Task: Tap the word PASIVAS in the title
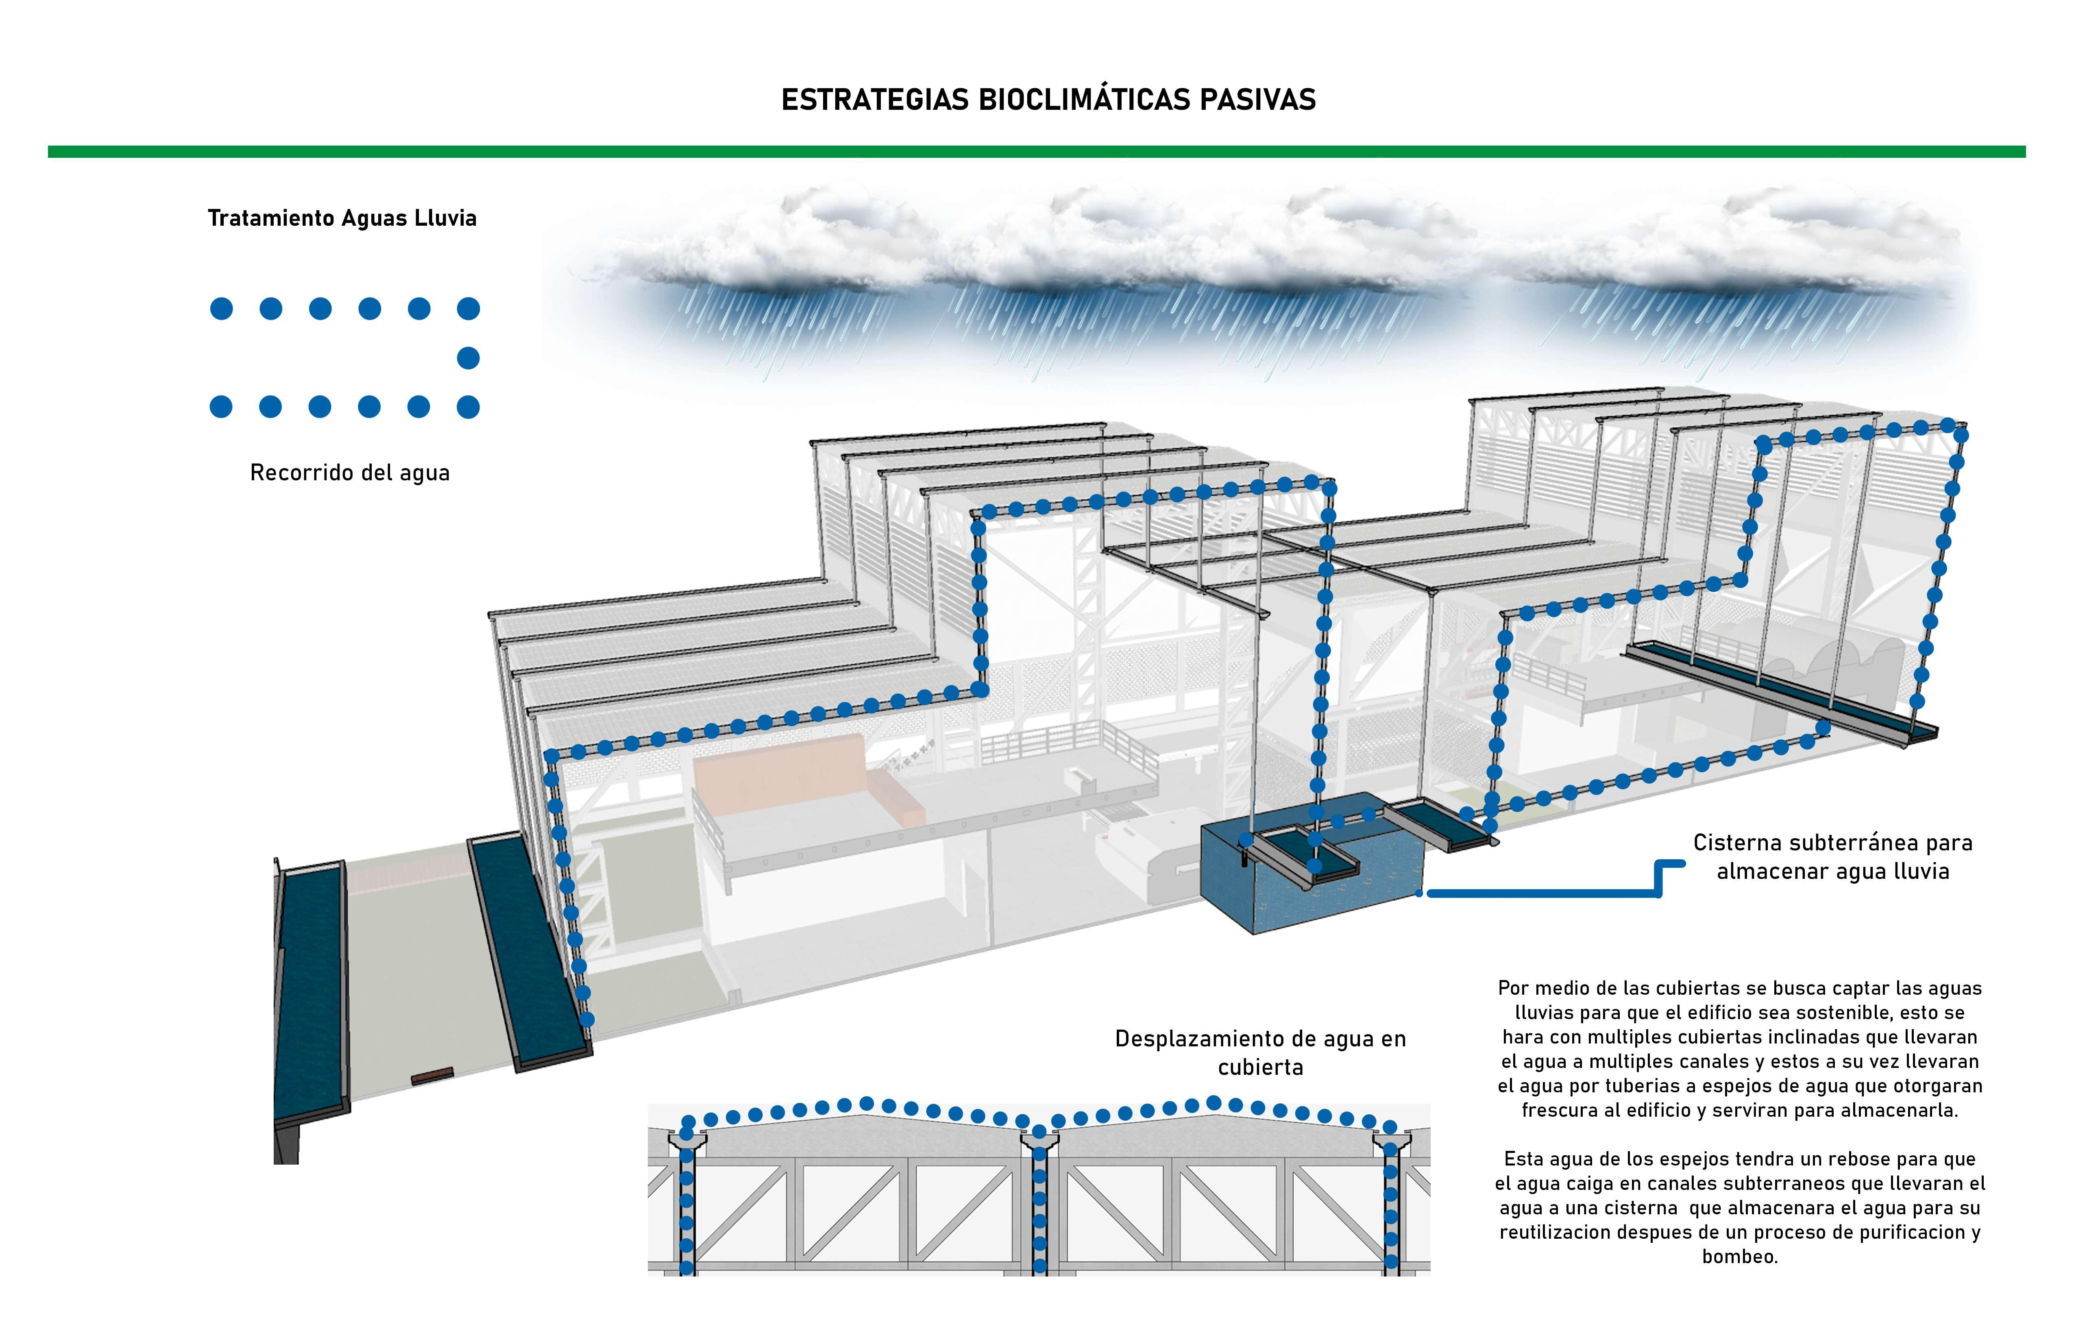pyautogui.click(x=1257, y=99)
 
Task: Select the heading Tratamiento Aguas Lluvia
pyautogui.click(x=342, y=218)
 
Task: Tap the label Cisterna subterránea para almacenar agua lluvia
pyautogui.click(x=1832, y=856)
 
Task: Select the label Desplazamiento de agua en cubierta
pyautogui.click(x=1260, y=1053)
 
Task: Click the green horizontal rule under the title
pyautogui.click(x=1037, y=152)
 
